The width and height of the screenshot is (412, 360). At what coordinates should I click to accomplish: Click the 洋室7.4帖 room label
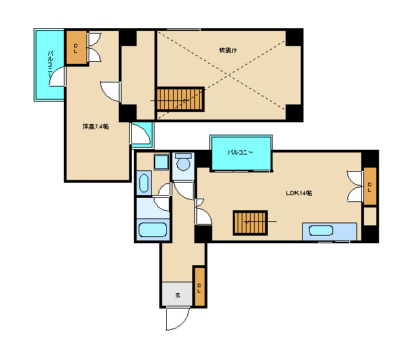point(95,126)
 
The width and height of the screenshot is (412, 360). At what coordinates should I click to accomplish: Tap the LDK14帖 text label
point(299,193)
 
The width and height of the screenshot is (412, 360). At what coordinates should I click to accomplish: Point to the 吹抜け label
point(228,50)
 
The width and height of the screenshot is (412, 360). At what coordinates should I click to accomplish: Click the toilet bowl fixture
point(183,163)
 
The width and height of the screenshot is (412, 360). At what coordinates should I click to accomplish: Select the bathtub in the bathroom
point(152,230)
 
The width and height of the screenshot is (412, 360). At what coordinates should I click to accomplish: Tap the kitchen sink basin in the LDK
point(321,231)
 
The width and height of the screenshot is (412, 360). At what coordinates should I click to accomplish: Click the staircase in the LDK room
point(250,223)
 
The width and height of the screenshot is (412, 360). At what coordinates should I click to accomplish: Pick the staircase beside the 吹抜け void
point(180,99)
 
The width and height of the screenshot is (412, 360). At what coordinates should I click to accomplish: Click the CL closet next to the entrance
point(199,286)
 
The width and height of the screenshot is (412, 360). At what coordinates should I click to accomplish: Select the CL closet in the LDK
point(370,186)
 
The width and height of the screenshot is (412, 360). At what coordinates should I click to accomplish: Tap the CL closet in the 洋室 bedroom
point(76,47)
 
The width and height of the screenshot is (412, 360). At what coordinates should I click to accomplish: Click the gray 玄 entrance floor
point(177,294)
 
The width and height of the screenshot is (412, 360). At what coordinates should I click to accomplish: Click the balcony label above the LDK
point(240,153)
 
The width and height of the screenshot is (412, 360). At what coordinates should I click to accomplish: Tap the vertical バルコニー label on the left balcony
point(50,64)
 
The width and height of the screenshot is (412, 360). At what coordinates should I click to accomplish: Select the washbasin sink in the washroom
point(144,183)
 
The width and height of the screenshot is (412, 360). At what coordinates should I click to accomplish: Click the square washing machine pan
point(161,162)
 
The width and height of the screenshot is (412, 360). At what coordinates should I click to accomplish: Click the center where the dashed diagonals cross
point(229,75)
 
